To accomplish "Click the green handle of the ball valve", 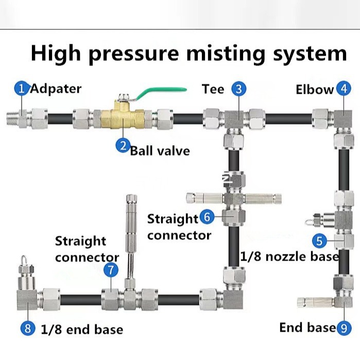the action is coord(161,92).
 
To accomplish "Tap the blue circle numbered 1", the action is coord(22,89).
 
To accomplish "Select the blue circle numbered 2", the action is coord(123,145).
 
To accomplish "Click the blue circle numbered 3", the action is coord(239,89).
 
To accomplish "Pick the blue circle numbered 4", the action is coord(344,89).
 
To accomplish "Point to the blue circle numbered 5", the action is coord(319,241).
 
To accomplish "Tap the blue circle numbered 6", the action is coord(207,217).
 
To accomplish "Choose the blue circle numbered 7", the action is coord(111,270).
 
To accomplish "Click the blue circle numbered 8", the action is coord(28,328).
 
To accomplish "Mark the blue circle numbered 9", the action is coord(344,328).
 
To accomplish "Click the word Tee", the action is coord(213,89).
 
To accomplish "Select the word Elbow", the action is coord(315,89).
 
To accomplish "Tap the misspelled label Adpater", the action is coord(56,89).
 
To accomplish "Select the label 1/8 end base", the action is coord(82,329).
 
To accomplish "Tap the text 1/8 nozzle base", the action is coord(289,256).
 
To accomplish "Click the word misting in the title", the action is coord(226,55).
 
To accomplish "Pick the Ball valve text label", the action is coord(160,151).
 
